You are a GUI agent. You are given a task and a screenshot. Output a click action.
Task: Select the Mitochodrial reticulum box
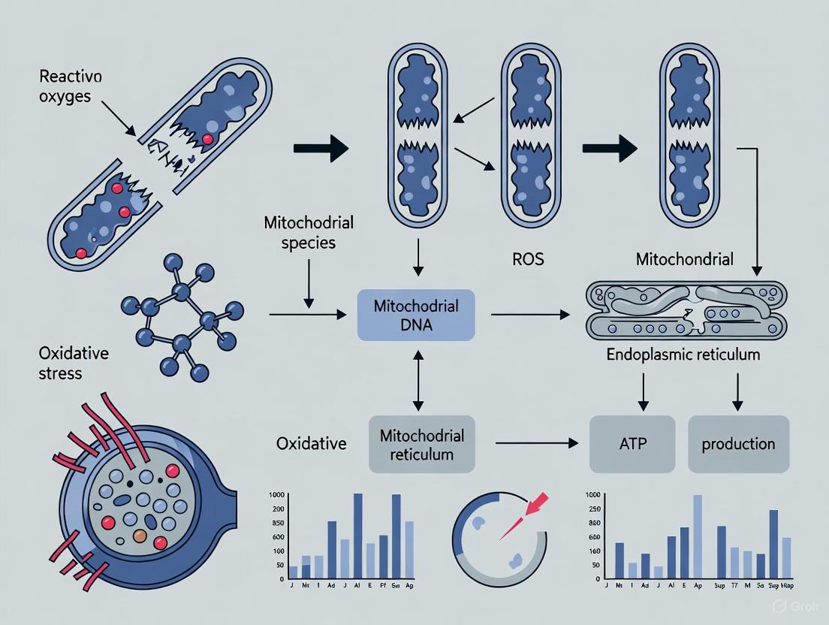(x=421, y=444)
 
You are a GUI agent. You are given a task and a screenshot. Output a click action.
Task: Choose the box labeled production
(x=738, y=444)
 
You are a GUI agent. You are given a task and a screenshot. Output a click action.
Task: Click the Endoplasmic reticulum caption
(x=683, y=354)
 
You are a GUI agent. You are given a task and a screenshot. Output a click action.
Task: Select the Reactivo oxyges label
(x=71, y=87)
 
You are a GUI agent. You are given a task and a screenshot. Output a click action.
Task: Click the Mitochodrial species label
(x=309, y=233)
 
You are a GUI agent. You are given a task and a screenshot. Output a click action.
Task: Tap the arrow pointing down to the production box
(x=738, y=392)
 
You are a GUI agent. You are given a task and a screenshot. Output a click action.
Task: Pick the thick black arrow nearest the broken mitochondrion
(x=321, y=149)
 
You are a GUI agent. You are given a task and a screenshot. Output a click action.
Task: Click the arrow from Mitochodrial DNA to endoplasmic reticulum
(x=530, y=316)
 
